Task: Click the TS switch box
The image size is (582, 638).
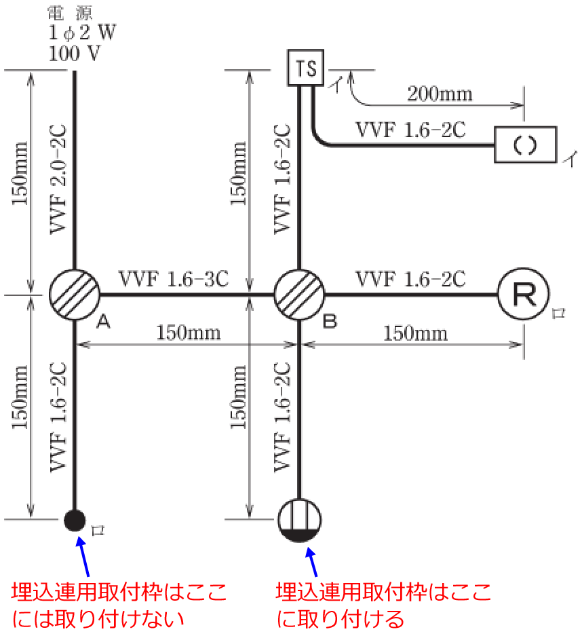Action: coord(305,68)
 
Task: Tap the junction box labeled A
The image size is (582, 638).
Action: coord(75,295)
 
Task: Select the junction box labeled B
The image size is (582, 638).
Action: coord(299,295)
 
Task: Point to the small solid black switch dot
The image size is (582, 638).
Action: coord(75,520)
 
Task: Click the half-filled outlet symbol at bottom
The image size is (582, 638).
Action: coord(300,521)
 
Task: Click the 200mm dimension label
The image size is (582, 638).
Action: coord(440,93)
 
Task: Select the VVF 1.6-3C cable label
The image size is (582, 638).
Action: coord(174,278)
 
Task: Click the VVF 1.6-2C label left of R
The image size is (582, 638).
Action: coord(410,278)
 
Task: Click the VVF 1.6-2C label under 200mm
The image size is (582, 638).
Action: coord(410,130)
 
